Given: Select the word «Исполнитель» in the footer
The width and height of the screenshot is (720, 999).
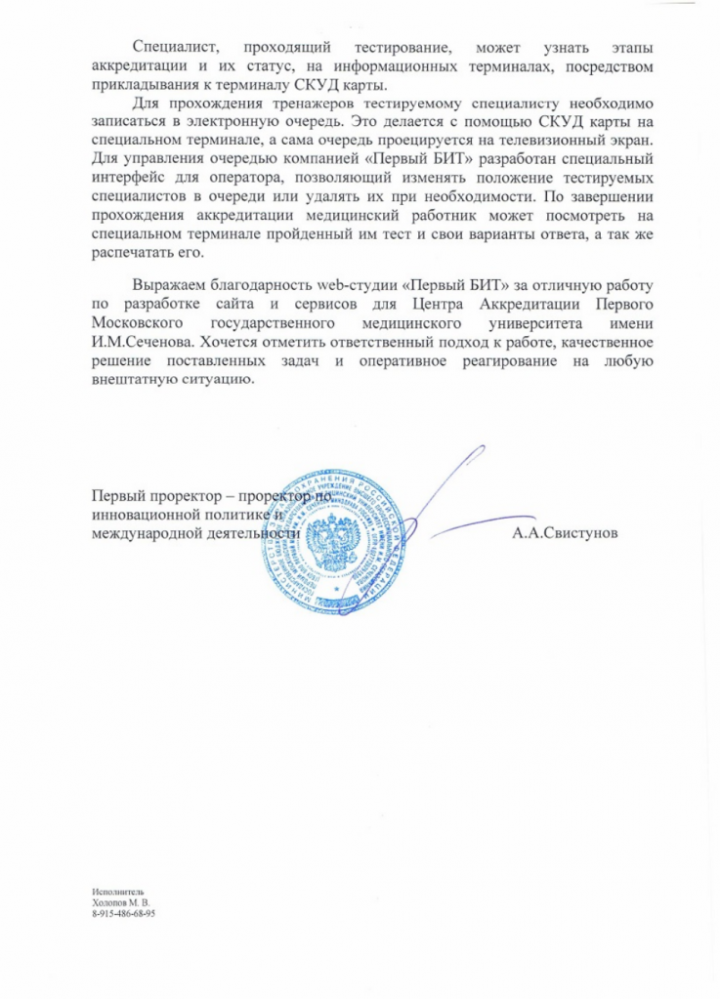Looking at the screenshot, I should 116,892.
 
